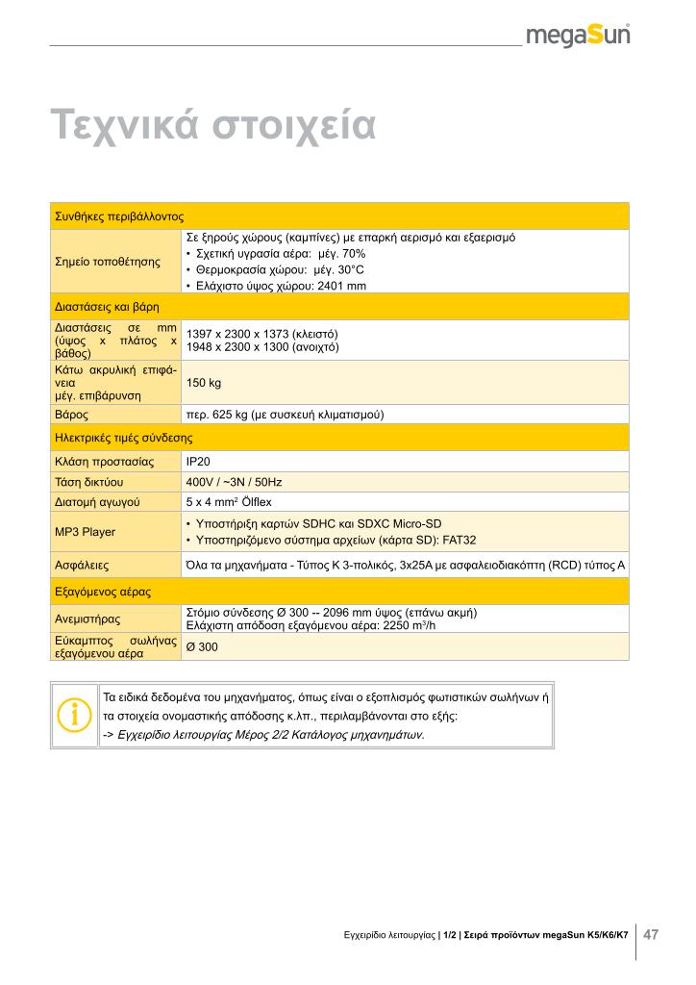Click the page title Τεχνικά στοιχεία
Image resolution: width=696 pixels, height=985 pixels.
tap(212, 125)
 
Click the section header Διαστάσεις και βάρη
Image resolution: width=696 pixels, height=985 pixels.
tap(107, 307)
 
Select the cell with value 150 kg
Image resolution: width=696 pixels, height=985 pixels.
tap(204, 383)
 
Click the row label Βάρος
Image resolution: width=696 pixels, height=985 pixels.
tap(72, 415)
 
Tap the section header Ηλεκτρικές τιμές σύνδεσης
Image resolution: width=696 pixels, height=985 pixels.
tap(123, 438)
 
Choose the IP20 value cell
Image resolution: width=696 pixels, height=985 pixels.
tap(198, 462)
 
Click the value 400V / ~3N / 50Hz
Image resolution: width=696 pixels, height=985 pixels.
tap(234, 481)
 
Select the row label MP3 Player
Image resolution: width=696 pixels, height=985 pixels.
tap(85, 532)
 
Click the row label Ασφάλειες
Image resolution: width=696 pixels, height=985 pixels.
tap(81, 566)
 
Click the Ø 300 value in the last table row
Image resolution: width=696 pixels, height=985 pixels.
tap(202, 646)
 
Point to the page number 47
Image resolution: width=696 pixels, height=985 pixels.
tap(651, 934)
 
